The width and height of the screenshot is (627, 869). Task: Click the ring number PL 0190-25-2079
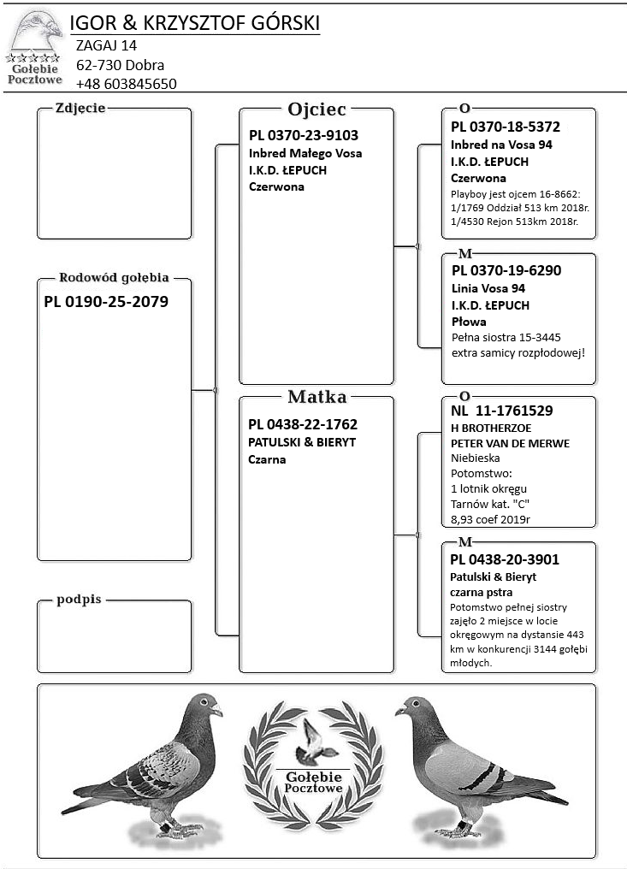pos(106,301)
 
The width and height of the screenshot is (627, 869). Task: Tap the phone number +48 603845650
pos(127,84)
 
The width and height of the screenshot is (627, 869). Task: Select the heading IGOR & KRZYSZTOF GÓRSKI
pos(194,23)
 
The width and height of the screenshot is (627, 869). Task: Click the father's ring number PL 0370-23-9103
pos(304,135)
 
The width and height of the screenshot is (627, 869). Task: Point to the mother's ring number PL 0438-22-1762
pos(303,424)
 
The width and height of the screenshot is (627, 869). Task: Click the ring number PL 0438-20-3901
pos(505,559)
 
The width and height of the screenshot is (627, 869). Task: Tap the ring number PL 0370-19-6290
pos(506,270)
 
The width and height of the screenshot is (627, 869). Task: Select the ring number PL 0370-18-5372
pos(506,127)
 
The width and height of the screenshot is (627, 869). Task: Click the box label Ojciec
pos(316,109)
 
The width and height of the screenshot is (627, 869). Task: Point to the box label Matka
pos(316,397)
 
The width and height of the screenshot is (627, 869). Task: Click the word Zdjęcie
pos(80,108)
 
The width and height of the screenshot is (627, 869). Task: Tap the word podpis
pos(79,600)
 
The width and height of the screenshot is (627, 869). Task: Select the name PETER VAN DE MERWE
pos(510,443)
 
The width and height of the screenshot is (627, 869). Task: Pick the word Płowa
pos(469,322)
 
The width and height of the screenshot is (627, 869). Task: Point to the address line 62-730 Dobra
pos(121,65)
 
